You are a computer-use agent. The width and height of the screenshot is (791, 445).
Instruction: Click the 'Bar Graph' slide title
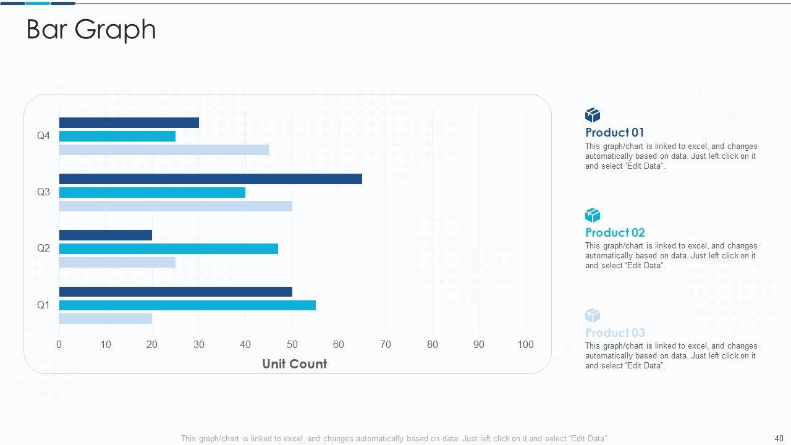coord(91,30)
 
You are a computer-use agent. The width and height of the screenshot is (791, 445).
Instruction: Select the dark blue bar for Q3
coord(210,179)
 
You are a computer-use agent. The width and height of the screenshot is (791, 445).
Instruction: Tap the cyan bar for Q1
coord(187,305)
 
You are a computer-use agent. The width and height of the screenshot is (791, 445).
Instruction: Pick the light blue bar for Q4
coord(164,150)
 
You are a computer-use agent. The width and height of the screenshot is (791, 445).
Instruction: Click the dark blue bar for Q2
coord(105,235)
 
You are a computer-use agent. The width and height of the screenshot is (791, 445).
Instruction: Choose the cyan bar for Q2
coord(168,248)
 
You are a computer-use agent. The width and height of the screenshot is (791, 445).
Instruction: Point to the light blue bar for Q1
coord(105,319)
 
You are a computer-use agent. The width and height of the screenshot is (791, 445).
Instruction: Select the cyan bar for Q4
coord(117,136)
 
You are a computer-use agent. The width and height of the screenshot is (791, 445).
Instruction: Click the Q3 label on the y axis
coord(43,192)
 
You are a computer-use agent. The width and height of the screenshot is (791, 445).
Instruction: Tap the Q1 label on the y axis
coord(43,305)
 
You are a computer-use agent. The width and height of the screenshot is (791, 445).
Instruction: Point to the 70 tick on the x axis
coord(386,344)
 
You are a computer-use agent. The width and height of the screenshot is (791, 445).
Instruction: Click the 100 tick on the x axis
coord(525,344)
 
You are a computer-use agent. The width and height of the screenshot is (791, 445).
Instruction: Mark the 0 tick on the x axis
coord(59,344)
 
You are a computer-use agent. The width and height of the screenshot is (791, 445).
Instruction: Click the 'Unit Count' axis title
coord(294,364)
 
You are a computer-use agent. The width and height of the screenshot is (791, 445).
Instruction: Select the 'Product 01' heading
coord(614,132)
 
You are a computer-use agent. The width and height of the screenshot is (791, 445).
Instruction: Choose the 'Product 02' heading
coord(615,232)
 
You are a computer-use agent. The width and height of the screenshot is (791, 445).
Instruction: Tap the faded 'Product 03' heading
coord(615,333)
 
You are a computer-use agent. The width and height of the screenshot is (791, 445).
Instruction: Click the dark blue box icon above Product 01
coord(593,115)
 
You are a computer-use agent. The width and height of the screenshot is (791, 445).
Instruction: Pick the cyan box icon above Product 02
coord(593,215)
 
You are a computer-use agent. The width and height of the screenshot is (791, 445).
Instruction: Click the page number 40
coord(779,438)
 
